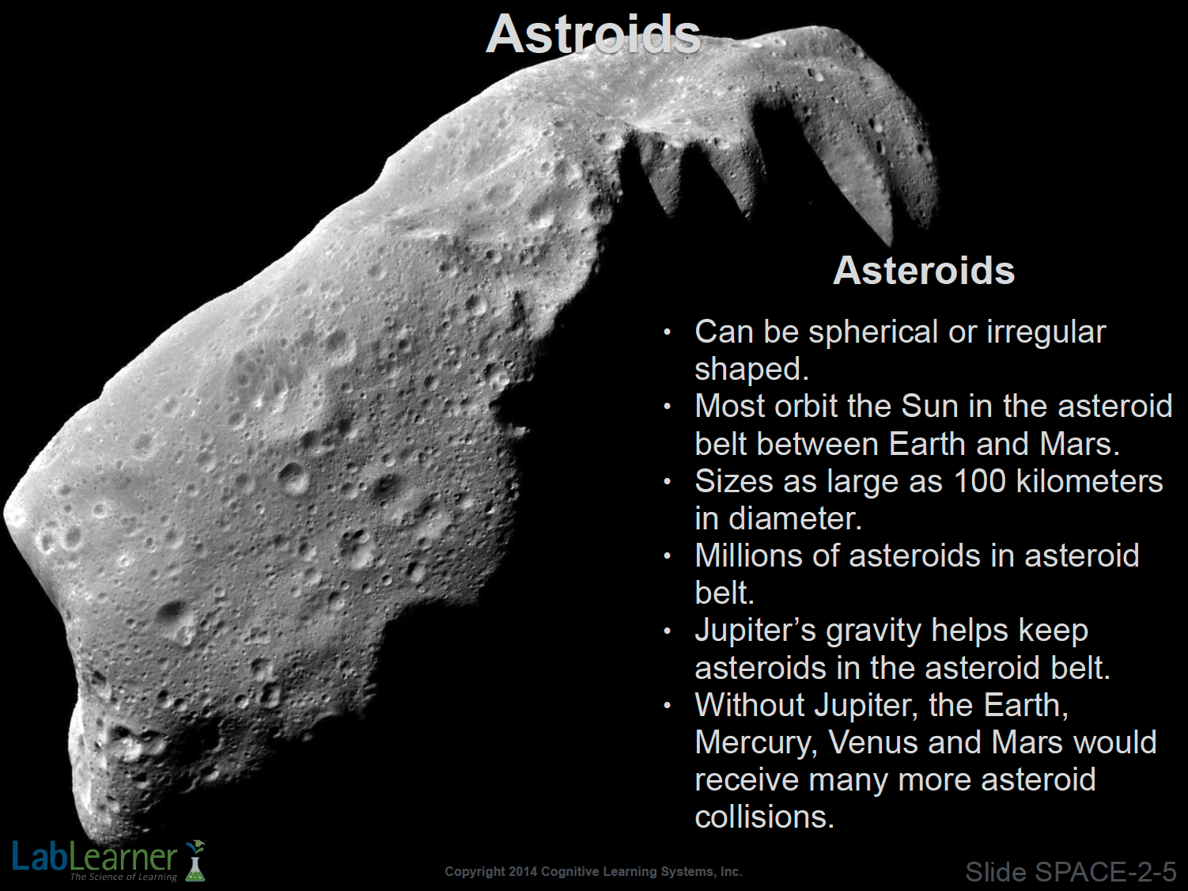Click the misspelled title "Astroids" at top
[x=593, y=33]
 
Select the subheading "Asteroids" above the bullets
[x=924, y=270]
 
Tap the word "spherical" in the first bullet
[x=873, y=332]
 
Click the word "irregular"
[x=1046, y=332]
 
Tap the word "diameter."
[x=795, y=518]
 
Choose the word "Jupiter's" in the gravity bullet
[x=755, y=630]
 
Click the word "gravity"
[x=873, y=631]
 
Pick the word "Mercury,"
[x=756, y=743]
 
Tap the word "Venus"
[x=873, y=742]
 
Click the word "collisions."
[x=765, y=817]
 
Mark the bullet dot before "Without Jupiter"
[x=668, y=705]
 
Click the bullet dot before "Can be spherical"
[x=668, y=332]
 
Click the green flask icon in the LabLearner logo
[x=195, y=860]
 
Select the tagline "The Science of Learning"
[x=123, y=877]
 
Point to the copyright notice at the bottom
[x=594, y=871]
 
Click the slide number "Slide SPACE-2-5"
[x=1071, y=872]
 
